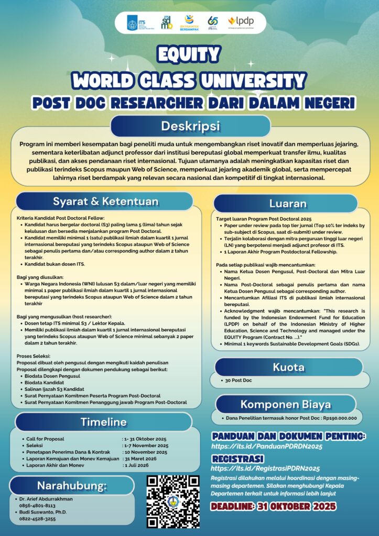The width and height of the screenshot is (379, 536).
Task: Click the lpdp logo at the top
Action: tap(241, 21)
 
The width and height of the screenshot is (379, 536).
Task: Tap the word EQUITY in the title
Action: tap(189, 54)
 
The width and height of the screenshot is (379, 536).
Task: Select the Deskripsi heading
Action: tap(190, 127)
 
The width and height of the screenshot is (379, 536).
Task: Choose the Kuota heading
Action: tap(288, 367)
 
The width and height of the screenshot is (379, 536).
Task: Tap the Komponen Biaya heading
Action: tap(286, 404)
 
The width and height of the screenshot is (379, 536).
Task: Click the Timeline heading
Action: tap(103, 422)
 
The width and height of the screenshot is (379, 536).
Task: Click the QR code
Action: tap(172, 501)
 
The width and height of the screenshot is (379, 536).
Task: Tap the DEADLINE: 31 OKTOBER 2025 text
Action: tap(273, 507)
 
